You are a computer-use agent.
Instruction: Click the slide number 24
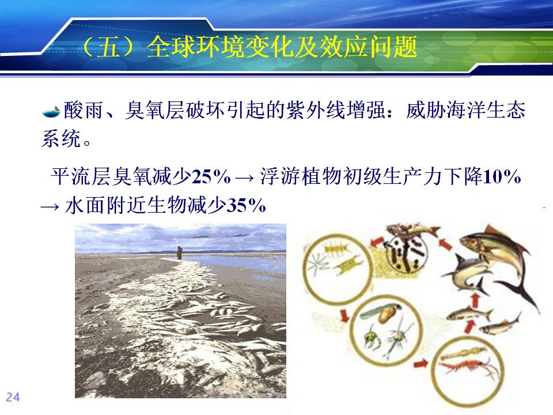[x=13, y=397]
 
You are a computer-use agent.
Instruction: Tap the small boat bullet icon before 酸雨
[x=51, y=112]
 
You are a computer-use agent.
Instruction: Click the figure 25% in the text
[x=211, y=176]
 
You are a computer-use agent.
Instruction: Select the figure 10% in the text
[x=502, y=176]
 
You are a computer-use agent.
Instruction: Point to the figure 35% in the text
[x=246, y=205]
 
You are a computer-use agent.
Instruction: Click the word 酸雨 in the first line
[x=84, y=110]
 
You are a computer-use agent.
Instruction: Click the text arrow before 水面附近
[x=50, y=206]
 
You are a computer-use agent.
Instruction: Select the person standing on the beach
[x=180, y=252]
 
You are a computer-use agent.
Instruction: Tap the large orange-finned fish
[x=494, y=252]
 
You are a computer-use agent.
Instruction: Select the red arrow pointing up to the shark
[x=476, y=301]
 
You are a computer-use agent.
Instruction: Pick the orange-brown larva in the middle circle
[x=385, y=315]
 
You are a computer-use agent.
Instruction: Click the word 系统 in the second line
[x=61, y=138]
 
